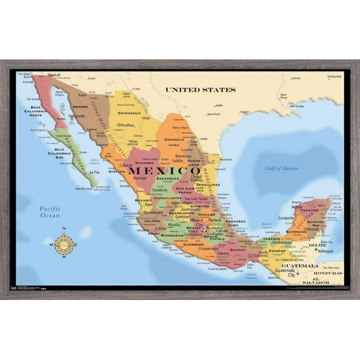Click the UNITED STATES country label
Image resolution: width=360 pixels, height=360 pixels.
[x=200, y=90]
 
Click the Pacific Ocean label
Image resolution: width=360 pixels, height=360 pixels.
[x=49, y=212]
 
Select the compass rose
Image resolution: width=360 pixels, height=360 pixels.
[x=64, y=244]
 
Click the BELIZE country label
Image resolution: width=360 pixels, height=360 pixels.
[x=318, y=246]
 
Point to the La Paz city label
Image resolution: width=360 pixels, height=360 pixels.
[x=95, y=172]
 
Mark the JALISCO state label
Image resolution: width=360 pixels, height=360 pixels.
[x=152, y=221]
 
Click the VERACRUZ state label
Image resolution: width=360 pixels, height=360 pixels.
[x=236, y=221]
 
